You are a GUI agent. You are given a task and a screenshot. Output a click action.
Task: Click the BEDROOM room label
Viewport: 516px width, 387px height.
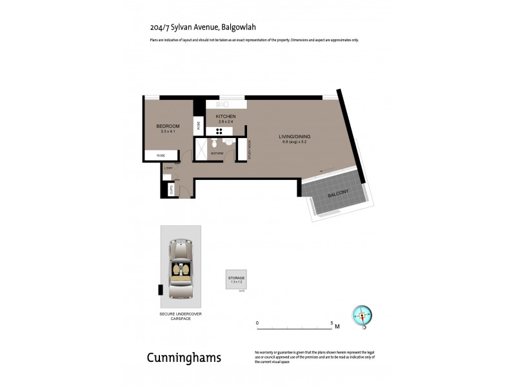coord(167,126)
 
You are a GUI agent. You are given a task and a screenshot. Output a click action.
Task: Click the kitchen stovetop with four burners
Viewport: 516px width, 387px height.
coord(219,131)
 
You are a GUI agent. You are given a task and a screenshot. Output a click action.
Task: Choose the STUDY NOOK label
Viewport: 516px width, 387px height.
coord(250,150)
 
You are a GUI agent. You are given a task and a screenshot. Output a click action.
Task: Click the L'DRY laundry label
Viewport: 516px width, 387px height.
coord(169,169)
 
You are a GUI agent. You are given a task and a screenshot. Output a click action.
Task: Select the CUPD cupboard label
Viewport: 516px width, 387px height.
coord(171,190)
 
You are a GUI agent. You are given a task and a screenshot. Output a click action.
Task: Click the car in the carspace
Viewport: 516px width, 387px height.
coord(181,269)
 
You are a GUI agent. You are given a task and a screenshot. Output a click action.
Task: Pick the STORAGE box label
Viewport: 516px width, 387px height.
coord(236,277)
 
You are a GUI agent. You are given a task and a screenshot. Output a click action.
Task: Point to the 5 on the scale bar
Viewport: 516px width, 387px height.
coord(332,322)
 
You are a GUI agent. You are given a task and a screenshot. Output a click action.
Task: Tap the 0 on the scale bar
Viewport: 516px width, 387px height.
coord(257,322)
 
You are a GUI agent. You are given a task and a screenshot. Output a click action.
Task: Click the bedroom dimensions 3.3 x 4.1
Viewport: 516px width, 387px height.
coord(167,132)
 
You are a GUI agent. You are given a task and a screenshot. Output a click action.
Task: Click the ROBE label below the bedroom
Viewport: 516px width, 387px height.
coord(161,155)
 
